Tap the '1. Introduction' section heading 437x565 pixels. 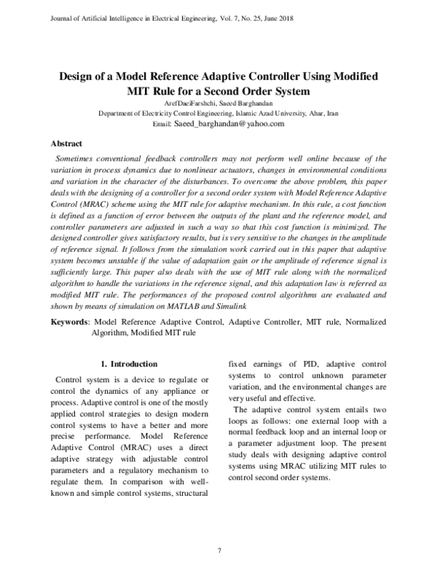click(128, 364)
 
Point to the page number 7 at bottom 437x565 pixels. click(219, 550)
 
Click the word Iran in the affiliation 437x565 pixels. click(331, 114)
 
